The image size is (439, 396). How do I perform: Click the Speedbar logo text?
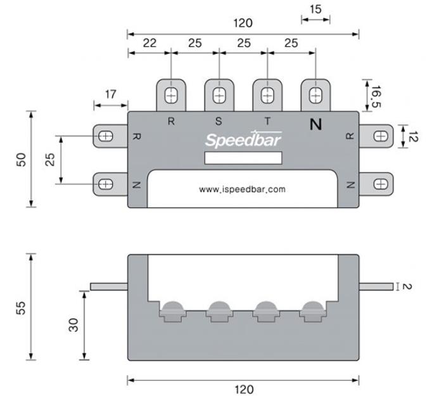tap(243, 139)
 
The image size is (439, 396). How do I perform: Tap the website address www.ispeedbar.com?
tap(243, 189)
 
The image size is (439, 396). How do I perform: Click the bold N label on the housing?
tap(315, 124)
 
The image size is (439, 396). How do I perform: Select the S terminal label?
tap(219, 121)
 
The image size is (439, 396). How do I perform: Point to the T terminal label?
tap(267, 121)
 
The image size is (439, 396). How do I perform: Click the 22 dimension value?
tap(150, 42)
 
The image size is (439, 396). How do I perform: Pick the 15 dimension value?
tap(315, 9)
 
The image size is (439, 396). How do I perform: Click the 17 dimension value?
tap(110, 94)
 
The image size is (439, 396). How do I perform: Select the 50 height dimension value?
tap(21, 159)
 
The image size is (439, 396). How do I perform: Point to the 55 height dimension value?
tap(21, 307)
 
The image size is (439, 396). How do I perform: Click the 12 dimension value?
tap(412, 136)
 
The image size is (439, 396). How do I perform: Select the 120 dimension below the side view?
tap(243, 388)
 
